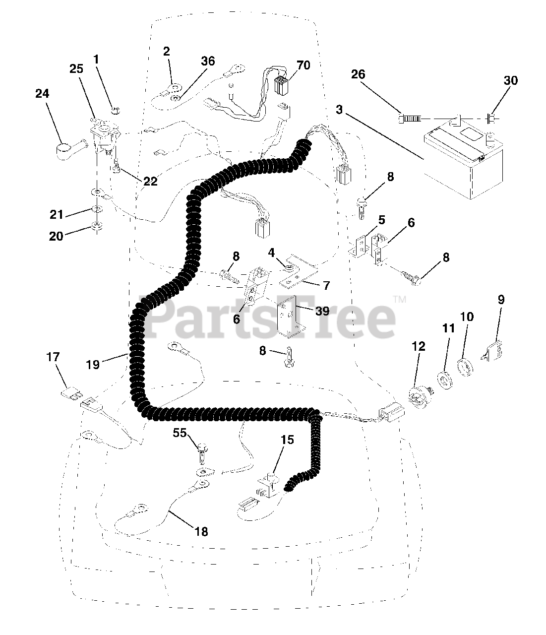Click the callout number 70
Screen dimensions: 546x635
303,65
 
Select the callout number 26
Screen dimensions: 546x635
358,74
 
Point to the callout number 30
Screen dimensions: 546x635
510,80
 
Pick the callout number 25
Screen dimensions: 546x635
76,69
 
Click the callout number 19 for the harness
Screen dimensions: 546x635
93,364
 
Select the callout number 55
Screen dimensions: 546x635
180,433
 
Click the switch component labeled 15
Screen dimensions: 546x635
267,487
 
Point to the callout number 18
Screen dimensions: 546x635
200,531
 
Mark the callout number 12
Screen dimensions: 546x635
419,346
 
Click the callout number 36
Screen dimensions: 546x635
208,61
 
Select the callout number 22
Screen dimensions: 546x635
150,182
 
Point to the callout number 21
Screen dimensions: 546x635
57,214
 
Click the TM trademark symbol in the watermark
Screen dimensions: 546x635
399,299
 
